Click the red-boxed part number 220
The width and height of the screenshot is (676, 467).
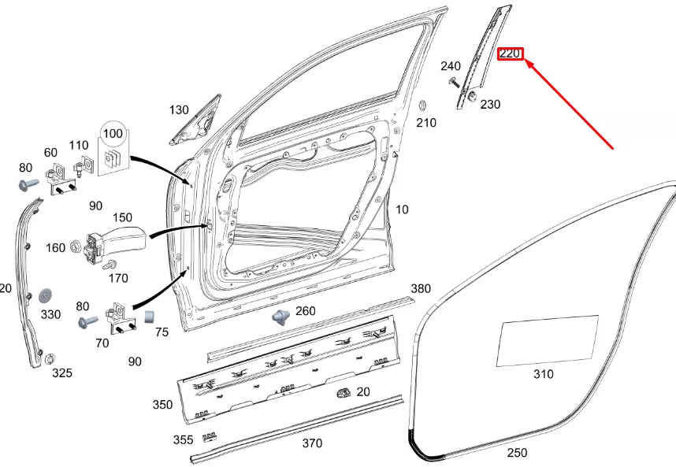(511, 54)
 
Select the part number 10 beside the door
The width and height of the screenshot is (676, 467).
(402, 209)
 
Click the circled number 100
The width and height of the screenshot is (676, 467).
(113, 132)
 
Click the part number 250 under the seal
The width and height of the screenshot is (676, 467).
(517, 453)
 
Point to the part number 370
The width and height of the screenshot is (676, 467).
(312, 443)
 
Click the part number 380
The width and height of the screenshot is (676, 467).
(421, 289)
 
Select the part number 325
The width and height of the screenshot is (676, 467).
(62, 372)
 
